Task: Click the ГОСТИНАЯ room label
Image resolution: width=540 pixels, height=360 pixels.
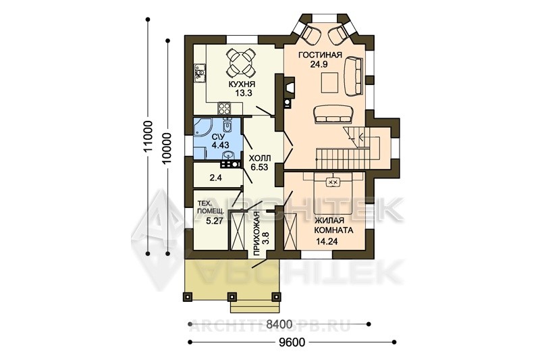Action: pyautogui.click(x=320, y=55)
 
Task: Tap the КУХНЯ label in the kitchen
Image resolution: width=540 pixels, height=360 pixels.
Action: pyautogui.click(x=241, y=84)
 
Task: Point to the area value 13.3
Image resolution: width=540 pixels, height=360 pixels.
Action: pyautogui.click(x=243, y=93)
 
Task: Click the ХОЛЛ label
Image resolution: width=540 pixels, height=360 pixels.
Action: pyautogui.click(x=260, y=159)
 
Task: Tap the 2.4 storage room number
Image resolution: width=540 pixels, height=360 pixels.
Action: pyautogui.click(x=216, y=178)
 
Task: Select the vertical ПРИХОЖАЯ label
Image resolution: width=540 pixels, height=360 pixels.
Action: pyautogui.click(x=256, y=234)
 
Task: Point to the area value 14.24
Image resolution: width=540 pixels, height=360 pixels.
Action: pyautogui.click(x=327, y=242)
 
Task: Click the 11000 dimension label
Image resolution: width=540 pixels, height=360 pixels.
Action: pyautogui.click(x=148, y=136)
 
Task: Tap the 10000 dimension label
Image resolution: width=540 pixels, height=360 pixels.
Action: pyautogui.click(x=167, y=148)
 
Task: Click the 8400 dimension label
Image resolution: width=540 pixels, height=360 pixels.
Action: pyautogui.click(x=279, y=324)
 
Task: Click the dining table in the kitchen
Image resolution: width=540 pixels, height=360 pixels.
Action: pyautogui.click(x=241, y=62)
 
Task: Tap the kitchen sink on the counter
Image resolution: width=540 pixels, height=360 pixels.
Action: pyautogui.click(x=199, y=73)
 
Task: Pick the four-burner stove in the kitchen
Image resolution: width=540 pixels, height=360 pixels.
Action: pyautogui.click(x=224, y=109)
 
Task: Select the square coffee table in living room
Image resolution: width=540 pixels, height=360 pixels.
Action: pyautogui.click(x=330, y=82)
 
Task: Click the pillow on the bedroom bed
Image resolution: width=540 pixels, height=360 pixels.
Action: pyautogui.click(x=333, y=181)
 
